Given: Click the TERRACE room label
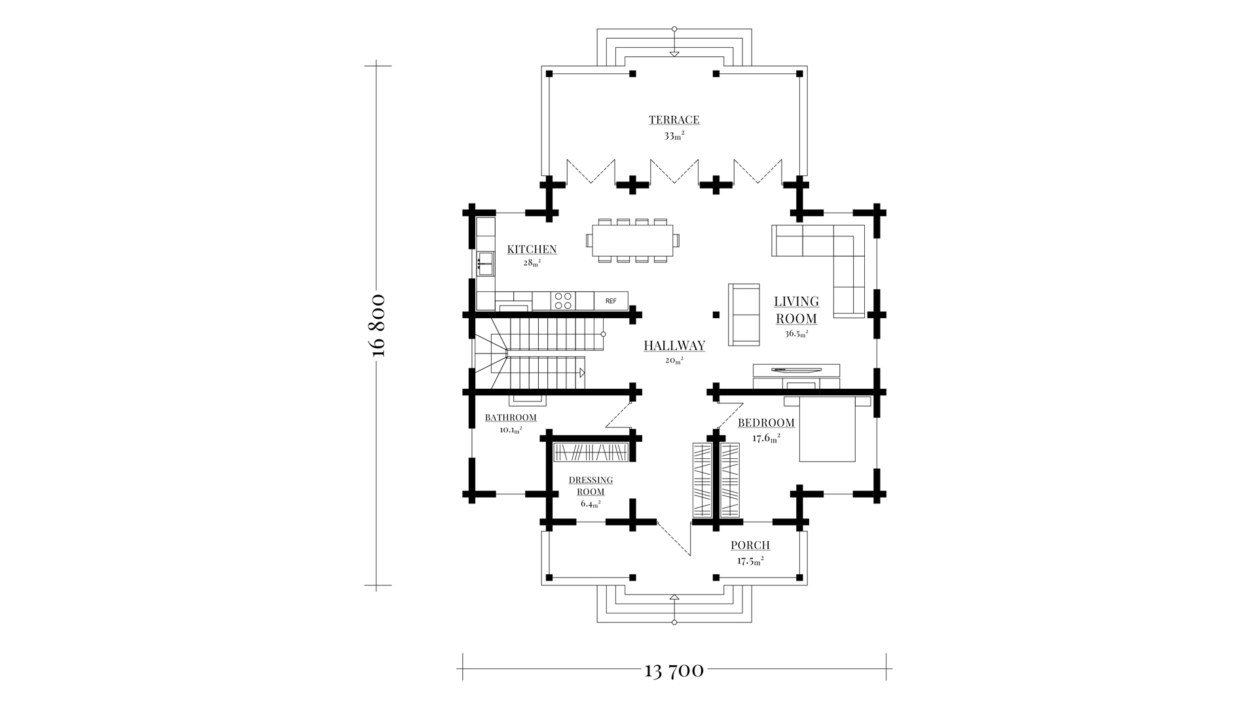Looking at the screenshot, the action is (x=674, y=120).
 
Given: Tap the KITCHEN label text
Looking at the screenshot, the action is (x=532, y=249).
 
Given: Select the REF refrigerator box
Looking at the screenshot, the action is (x=611, y=301).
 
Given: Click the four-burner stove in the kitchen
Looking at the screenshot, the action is (x=563, y=301).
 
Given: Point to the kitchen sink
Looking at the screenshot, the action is (x=485, y=264).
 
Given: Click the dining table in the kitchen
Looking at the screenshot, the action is (x=632, y=240).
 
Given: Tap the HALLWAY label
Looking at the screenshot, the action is (x=674, y=346).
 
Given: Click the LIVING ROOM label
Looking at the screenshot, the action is (x=796, y=310).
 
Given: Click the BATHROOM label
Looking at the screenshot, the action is (x=511, y=418).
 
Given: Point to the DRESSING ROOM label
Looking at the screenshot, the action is (x=591, y=486).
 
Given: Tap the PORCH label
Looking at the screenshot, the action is (x=750, y=545).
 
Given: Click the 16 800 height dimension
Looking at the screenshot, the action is (x=378, y=325).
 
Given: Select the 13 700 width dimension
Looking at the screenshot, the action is (x=674, y=670).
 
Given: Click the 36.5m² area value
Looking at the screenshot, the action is (x=796, y=333).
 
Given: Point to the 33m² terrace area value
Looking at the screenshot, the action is (x=674, y=136).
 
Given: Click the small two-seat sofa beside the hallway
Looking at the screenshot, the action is (x=744, y=314).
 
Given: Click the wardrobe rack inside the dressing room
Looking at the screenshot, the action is (x=592, y=452).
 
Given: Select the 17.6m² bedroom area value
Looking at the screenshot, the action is (x=766, y=439).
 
